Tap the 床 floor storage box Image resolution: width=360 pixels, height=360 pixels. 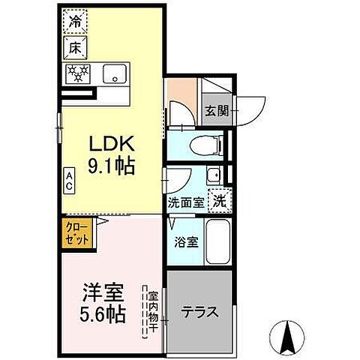76,46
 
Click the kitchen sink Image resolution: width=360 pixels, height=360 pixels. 114,73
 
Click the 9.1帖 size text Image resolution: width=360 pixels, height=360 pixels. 112,166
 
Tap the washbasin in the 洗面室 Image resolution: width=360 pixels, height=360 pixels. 212,177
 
